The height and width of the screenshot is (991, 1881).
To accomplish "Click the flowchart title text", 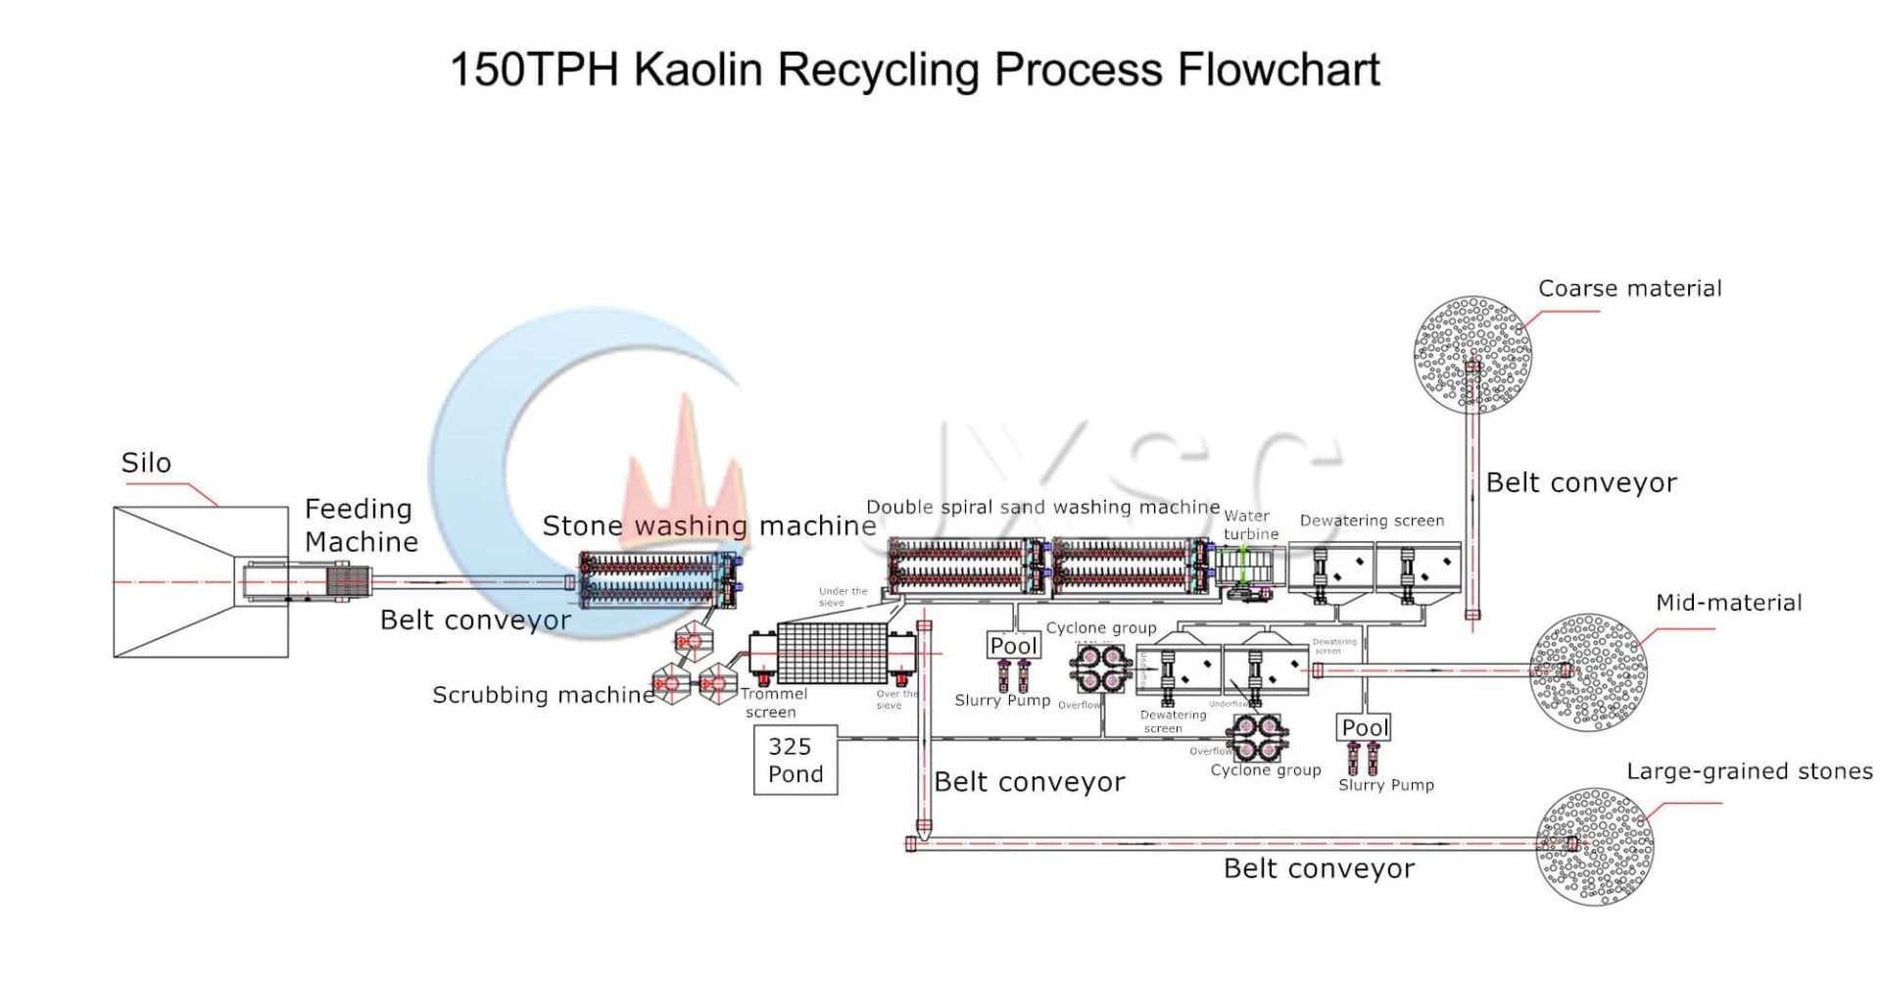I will point(914,70).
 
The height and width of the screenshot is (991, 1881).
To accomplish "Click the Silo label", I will point(146,463).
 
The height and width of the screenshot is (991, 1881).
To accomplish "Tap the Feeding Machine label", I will point(361,525).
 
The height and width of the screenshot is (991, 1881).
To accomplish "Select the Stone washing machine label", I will point(708,526).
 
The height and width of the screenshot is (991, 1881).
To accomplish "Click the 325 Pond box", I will point(796,761).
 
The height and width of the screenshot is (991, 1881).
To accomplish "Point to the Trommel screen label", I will point(773,703).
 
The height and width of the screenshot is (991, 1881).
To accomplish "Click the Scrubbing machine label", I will point(544,695).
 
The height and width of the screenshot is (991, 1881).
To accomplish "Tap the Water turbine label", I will point(1250,524).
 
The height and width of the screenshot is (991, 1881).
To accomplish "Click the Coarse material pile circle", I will point(1472,355).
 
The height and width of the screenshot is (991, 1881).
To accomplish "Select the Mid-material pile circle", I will point(1588,672).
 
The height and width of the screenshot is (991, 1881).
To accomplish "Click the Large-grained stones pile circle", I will point(1595,846).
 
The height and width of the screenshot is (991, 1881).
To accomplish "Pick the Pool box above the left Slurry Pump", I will point(1014,646).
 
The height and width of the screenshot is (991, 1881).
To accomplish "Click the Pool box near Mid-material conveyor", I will point(1365,727).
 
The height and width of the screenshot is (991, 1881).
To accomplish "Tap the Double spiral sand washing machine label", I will point(1042,507).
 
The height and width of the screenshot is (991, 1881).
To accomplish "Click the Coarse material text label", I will point(1629,289).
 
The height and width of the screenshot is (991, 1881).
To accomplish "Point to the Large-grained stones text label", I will point(1749,771).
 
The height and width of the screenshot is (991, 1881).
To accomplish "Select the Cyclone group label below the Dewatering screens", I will point(1265,770).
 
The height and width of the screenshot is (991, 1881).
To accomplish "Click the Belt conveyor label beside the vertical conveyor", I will point(1580,482).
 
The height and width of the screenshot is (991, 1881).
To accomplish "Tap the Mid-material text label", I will point(1728,603).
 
